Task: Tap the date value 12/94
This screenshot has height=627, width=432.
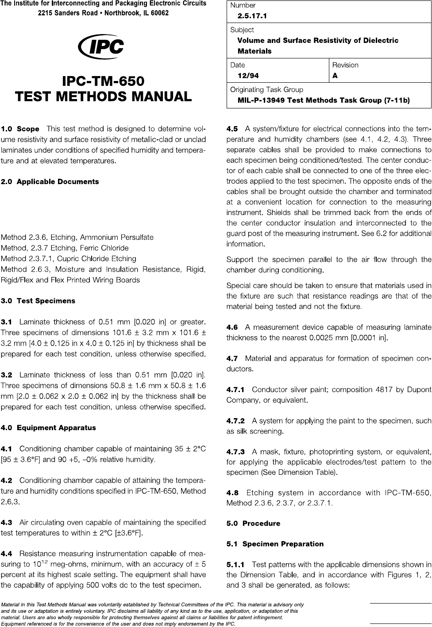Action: pyautogui.click(x=248, y=76)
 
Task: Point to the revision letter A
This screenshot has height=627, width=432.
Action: pyautogui.click(x=335, y=76)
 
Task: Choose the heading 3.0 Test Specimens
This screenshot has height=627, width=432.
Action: pyautogui.click(x=38, y=301)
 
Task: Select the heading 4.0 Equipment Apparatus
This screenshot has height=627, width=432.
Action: pyautogui.click(x=48, y=428)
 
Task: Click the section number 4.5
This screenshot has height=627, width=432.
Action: pyautogui.click(x=232, y=129)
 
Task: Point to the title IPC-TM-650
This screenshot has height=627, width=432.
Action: pyautogui.click(x=103, y=81)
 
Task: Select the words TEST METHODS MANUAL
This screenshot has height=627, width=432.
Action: pyautogui.click(x=103, y=96)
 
